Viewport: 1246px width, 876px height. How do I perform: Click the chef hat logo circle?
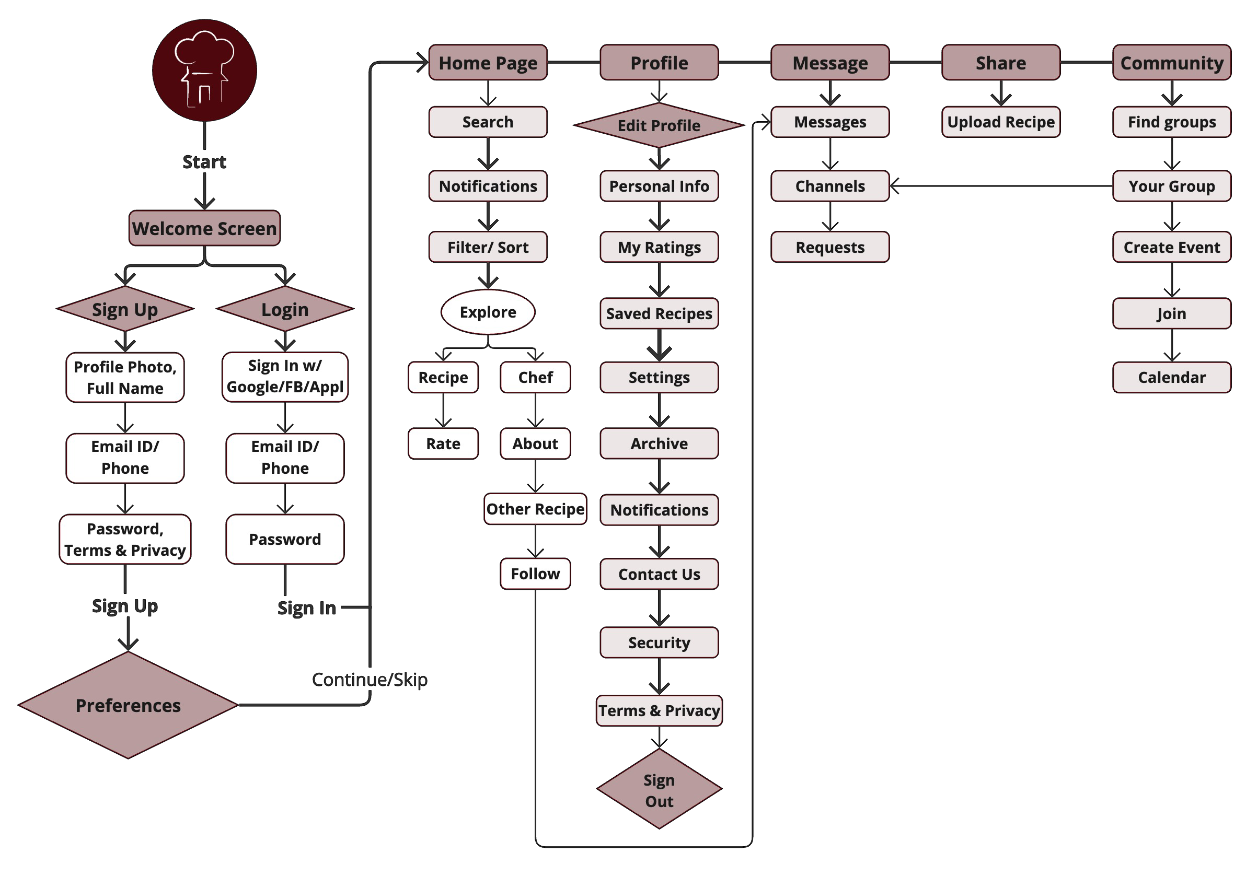click(204, 71)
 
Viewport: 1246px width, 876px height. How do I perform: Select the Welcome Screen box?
click(204, 228)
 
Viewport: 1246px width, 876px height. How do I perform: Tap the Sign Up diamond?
click(125, 309)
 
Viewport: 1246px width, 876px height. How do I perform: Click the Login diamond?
click(285, 309)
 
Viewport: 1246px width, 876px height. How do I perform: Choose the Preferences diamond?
click(128, 705)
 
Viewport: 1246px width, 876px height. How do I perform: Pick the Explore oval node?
click(487, 312)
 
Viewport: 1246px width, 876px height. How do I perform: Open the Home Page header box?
click(487, 63)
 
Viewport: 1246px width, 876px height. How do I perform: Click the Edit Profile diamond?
click(659, 125)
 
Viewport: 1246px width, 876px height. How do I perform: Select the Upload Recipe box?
click(1000, 122)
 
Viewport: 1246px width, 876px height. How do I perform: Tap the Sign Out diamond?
click(659, 790)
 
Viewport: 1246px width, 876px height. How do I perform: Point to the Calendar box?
click(1171, 377)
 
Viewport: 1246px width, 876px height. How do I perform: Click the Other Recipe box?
click(535, 509)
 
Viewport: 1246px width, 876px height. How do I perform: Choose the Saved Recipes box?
click(659, 313)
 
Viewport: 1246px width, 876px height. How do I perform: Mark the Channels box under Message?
click(830, 186)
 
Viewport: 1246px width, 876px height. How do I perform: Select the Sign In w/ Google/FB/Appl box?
click(285, 377)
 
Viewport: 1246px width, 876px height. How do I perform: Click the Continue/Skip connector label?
click(370, 679)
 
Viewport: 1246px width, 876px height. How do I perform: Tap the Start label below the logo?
click(204, 161)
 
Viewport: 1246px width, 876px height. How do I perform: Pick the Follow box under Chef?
click(535, 574)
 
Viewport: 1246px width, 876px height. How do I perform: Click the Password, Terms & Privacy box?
click(125, 539)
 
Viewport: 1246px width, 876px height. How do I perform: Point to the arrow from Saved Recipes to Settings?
click(659, 345)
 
